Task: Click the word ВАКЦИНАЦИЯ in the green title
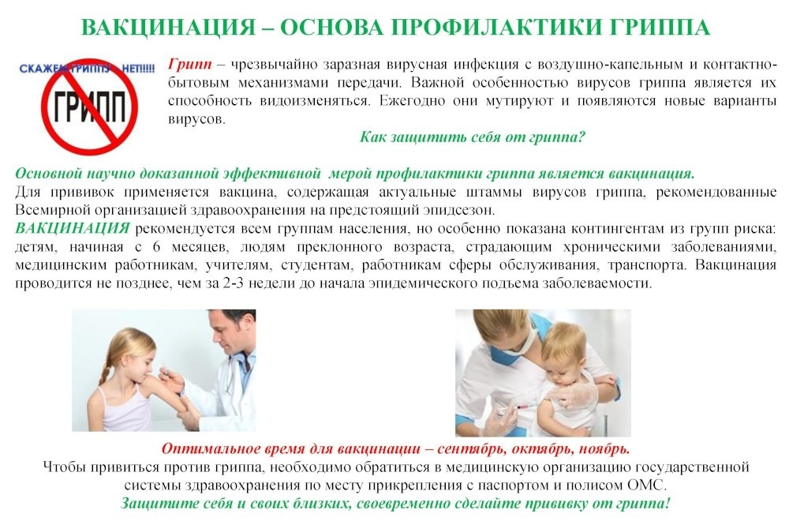(x=169, y=27)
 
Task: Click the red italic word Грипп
(x=189, y=65)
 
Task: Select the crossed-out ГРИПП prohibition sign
(x=90, y=107)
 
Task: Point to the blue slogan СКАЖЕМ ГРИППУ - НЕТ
(x=87, y=69)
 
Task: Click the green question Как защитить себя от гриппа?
(x=473, y=137)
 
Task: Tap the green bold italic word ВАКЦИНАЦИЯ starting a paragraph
(x=73, y=228)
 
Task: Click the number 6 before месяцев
(x=156, y=246)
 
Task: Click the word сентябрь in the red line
(x=465, y=448)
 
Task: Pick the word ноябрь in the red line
(x=604, y=448)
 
